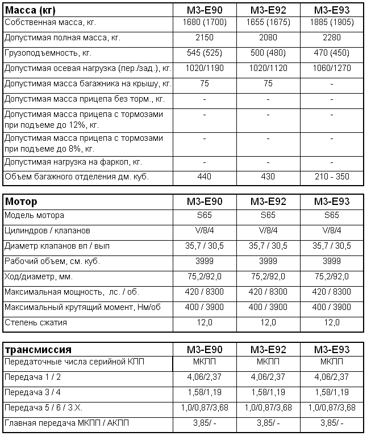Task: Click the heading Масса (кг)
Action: (x=31, y=10)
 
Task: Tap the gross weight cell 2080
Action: (x=268, y=38)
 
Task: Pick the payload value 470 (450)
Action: (x=332, y=53)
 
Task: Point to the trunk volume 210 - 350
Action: (x=332, y=177)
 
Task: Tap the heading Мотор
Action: (x=21, y=202)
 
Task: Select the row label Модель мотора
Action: (x=34, y=215)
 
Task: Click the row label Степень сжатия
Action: (x=35, y=322)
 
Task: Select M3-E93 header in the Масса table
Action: (x=332, y=10)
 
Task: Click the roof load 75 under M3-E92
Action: (x=268, y=84)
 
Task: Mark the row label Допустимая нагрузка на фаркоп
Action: (x=73, y=162)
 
